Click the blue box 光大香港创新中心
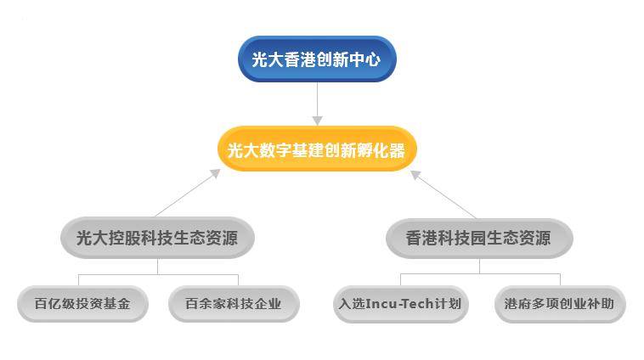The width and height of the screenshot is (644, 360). point(317,59)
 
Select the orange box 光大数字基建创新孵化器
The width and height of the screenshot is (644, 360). point(317,149)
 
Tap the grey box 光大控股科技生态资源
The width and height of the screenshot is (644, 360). point(157,238)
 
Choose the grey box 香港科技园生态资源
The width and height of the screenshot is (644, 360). point(479,239)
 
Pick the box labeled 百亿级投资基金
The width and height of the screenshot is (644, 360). point(82,304)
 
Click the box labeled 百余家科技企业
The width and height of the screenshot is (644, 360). point(234,304)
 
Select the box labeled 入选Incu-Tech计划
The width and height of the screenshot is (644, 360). point(400,304)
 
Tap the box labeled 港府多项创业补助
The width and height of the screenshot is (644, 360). point(560,304)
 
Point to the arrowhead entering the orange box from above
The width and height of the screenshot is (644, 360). point(317,121)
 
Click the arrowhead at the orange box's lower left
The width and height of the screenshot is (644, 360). point(216,173)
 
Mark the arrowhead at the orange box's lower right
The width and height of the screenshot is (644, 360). point(415,174)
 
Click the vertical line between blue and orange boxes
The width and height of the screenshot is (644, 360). point(317,99)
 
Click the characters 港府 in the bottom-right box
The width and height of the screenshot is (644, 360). point(518,304)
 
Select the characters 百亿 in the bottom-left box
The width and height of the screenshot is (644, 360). point(48,304)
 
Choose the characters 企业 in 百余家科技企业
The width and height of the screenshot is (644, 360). point(268,304)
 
